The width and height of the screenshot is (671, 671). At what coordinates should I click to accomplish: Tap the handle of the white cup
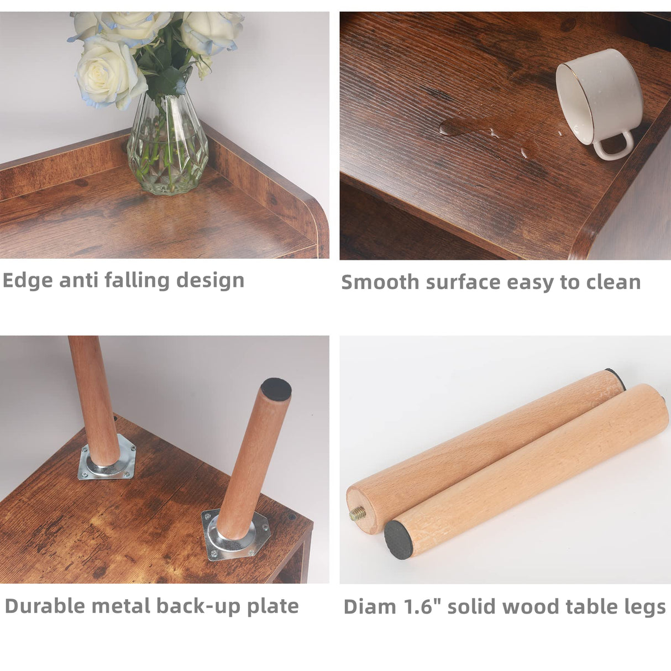(x=613, y=146)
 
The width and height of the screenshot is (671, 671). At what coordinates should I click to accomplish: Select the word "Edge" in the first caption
(x=27, y=281)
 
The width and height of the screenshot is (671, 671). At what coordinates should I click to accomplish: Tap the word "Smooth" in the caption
(x=380, y=282)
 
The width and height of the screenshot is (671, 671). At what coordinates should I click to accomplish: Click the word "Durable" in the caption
(x=45, y=606)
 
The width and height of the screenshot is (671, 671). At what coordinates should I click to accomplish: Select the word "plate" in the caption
(x=273, y=606)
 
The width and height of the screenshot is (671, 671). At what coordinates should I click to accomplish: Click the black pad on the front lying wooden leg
(x=399, y=540)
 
